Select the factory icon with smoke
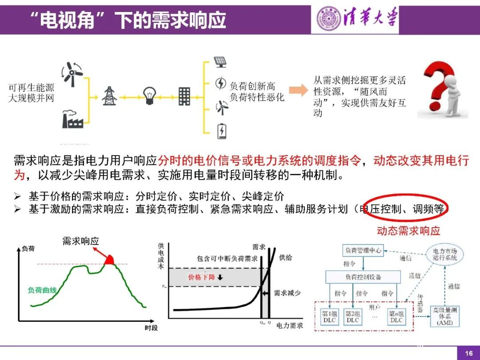click(x=72, y=119)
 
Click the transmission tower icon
click(x=109, y=96)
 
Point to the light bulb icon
click(x=149, y=95)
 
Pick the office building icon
click(x=184, y=96)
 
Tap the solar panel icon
click(x=220, y=62)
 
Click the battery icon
click(x=221, y=131)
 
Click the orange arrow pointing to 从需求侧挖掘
click(x=298, y=90)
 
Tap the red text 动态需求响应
click(x=408, y=231)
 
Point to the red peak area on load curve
click(x=109, y=260)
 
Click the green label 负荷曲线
click(x=42, y=290)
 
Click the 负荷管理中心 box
click(x=363, y=250)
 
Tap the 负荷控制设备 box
click(x=363, y=277)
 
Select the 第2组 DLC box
click(x=353, y=317)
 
